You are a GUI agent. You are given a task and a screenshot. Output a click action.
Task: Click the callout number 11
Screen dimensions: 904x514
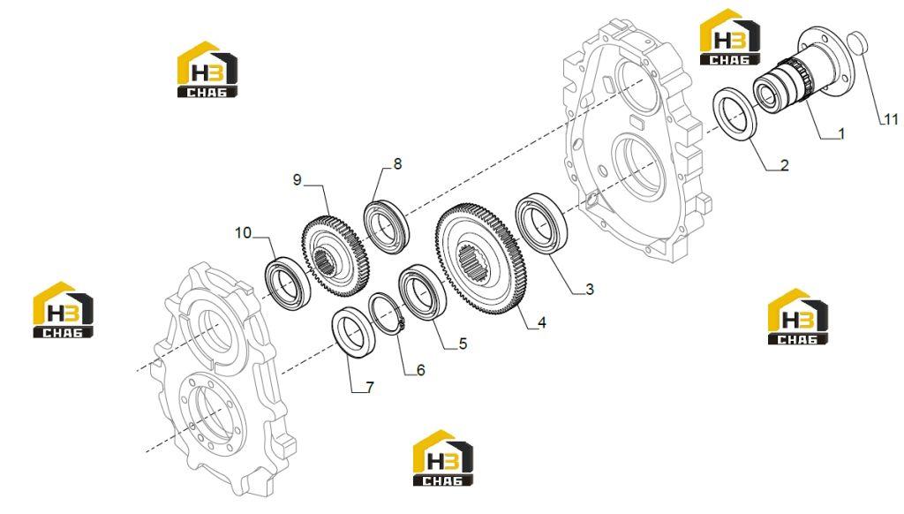891,119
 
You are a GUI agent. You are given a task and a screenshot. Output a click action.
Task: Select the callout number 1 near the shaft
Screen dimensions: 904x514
841,134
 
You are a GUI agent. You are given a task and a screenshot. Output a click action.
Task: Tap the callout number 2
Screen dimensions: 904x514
784,165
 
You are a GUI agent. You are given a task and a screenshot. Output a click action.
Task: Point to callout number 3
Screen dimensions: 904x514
589,289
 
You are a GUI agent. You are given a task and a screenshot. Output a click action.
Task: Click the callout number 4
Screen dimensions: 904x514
541,323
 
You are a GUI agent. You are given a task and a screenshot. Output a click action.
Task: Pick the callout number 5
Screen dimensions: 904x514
463,344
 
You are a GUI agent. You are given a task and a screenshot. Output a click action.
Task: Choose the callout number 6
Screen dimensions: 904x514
421,370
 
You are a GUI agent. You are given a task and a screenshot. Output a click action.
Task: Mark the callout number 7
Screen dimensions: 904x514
370,388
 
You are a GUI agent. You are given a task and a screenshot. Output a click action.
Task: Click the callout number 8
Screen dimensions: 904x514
397,164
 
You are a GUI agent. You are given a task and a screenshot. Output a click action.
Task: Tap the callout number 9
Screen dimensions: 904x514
297,180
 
